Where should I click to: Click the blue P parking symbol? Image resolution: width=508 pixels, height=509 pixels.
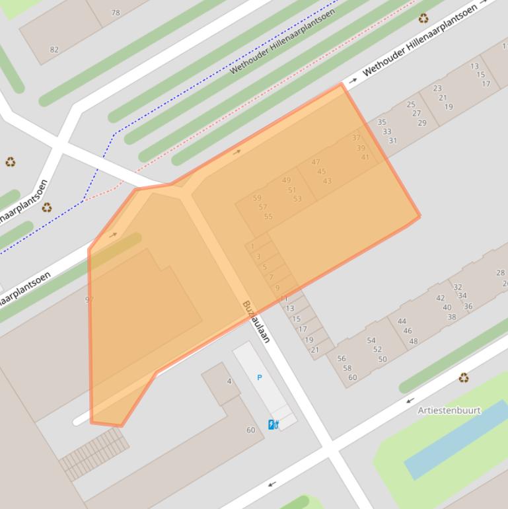[259, 377]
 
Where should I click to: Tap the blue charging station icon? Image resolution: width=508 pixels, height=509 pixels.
[273, 424]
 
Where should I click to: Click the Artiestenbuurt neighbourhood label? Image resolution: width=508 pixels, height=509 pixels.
[449, 410]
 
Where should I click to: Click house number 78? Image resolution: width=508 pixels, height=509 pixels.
[116, 13]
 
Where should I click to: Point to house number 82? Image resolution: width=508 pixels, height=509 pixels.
[54, 50]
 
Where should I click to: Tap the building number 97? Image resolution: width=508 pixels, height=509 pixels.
[89, 299]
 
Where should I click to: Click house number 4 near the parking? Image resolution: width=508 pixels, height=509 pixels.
[229, 381]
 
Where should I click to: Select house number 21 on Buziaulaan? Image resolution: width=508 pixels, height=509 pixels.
[314, 350]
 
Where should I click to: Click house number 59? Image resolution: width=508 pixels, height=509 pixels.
[257, 198]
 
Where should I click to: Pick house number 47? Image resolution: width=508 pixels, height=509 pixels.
[315, 162]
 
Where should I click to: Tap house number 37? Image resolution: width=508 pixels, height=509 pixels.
[356, 138]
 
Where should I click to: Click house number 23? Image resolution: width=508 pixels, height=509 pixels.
[437, 89]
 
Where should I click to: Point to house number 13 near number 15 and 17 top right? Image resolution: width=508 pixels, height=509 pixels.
[474, 66]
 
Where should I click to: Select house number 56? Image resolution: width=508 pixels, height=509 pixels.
[342, 359]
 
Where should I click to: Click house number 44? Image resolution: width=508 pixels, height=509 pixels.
[402, 322]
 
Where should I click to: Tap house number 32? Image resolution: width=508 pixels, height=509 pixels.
[457, 287]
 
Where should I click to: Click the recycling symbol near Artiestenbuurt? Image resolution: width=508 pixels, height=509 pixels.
[464, 378]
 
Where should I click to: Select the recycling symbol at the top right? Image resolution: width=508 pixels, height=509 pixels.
[423, 19]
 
